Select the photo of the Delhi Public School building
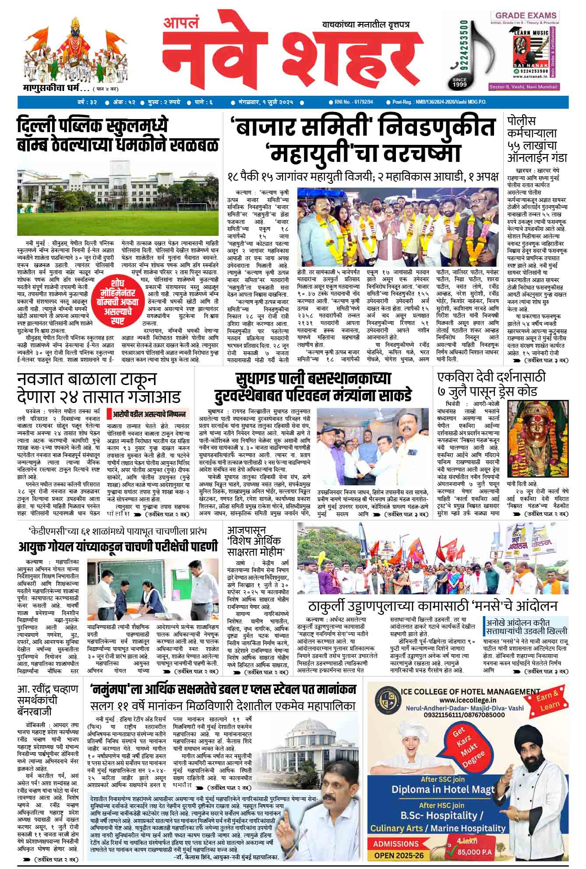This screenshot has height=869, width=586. pos(118,197)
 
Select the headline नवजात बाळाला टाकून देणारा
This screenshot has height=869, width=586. pos(99,387)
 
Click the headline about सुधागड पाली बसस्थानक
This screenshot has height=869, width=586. pos(312,386)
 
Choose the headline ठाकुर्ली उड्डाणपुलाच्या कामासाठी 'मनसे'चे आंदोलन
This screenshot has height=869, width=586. pos(432,606)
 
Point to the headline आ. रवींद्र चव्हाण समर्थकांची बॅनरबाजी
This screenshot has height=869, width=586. pos(48,700)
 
